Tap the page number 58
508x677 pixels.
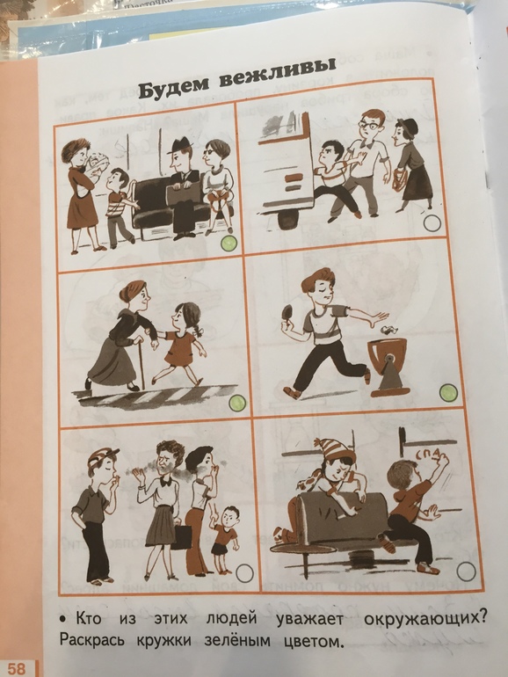click(x=17, y=669)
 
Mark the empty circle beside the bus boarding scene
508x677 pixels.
click(x=432, y=223)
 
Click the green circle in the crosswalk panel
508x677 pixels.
click(x=237, y=404)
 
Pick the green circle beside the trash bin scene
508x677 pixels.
click(x=448, y=393)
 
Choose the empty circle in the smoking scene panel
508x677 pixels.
click(x=244, y=573)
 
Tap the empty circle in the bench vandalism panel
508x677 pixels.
click(x=466, y=571)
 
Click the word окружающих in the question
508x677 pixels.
click(x=425, y=619)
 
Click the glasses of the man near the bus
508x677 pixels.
click(x=370, y=123)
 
